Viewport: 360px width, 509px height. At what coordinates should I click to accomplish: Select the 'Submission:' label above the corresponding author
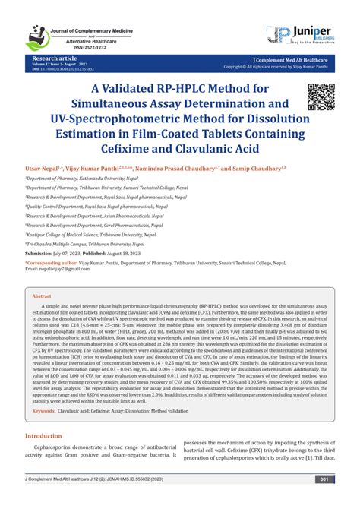[x=43, y=253]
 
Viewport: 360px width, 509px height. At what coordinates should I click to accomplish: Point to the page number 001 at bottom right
[x=324, y=501]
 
